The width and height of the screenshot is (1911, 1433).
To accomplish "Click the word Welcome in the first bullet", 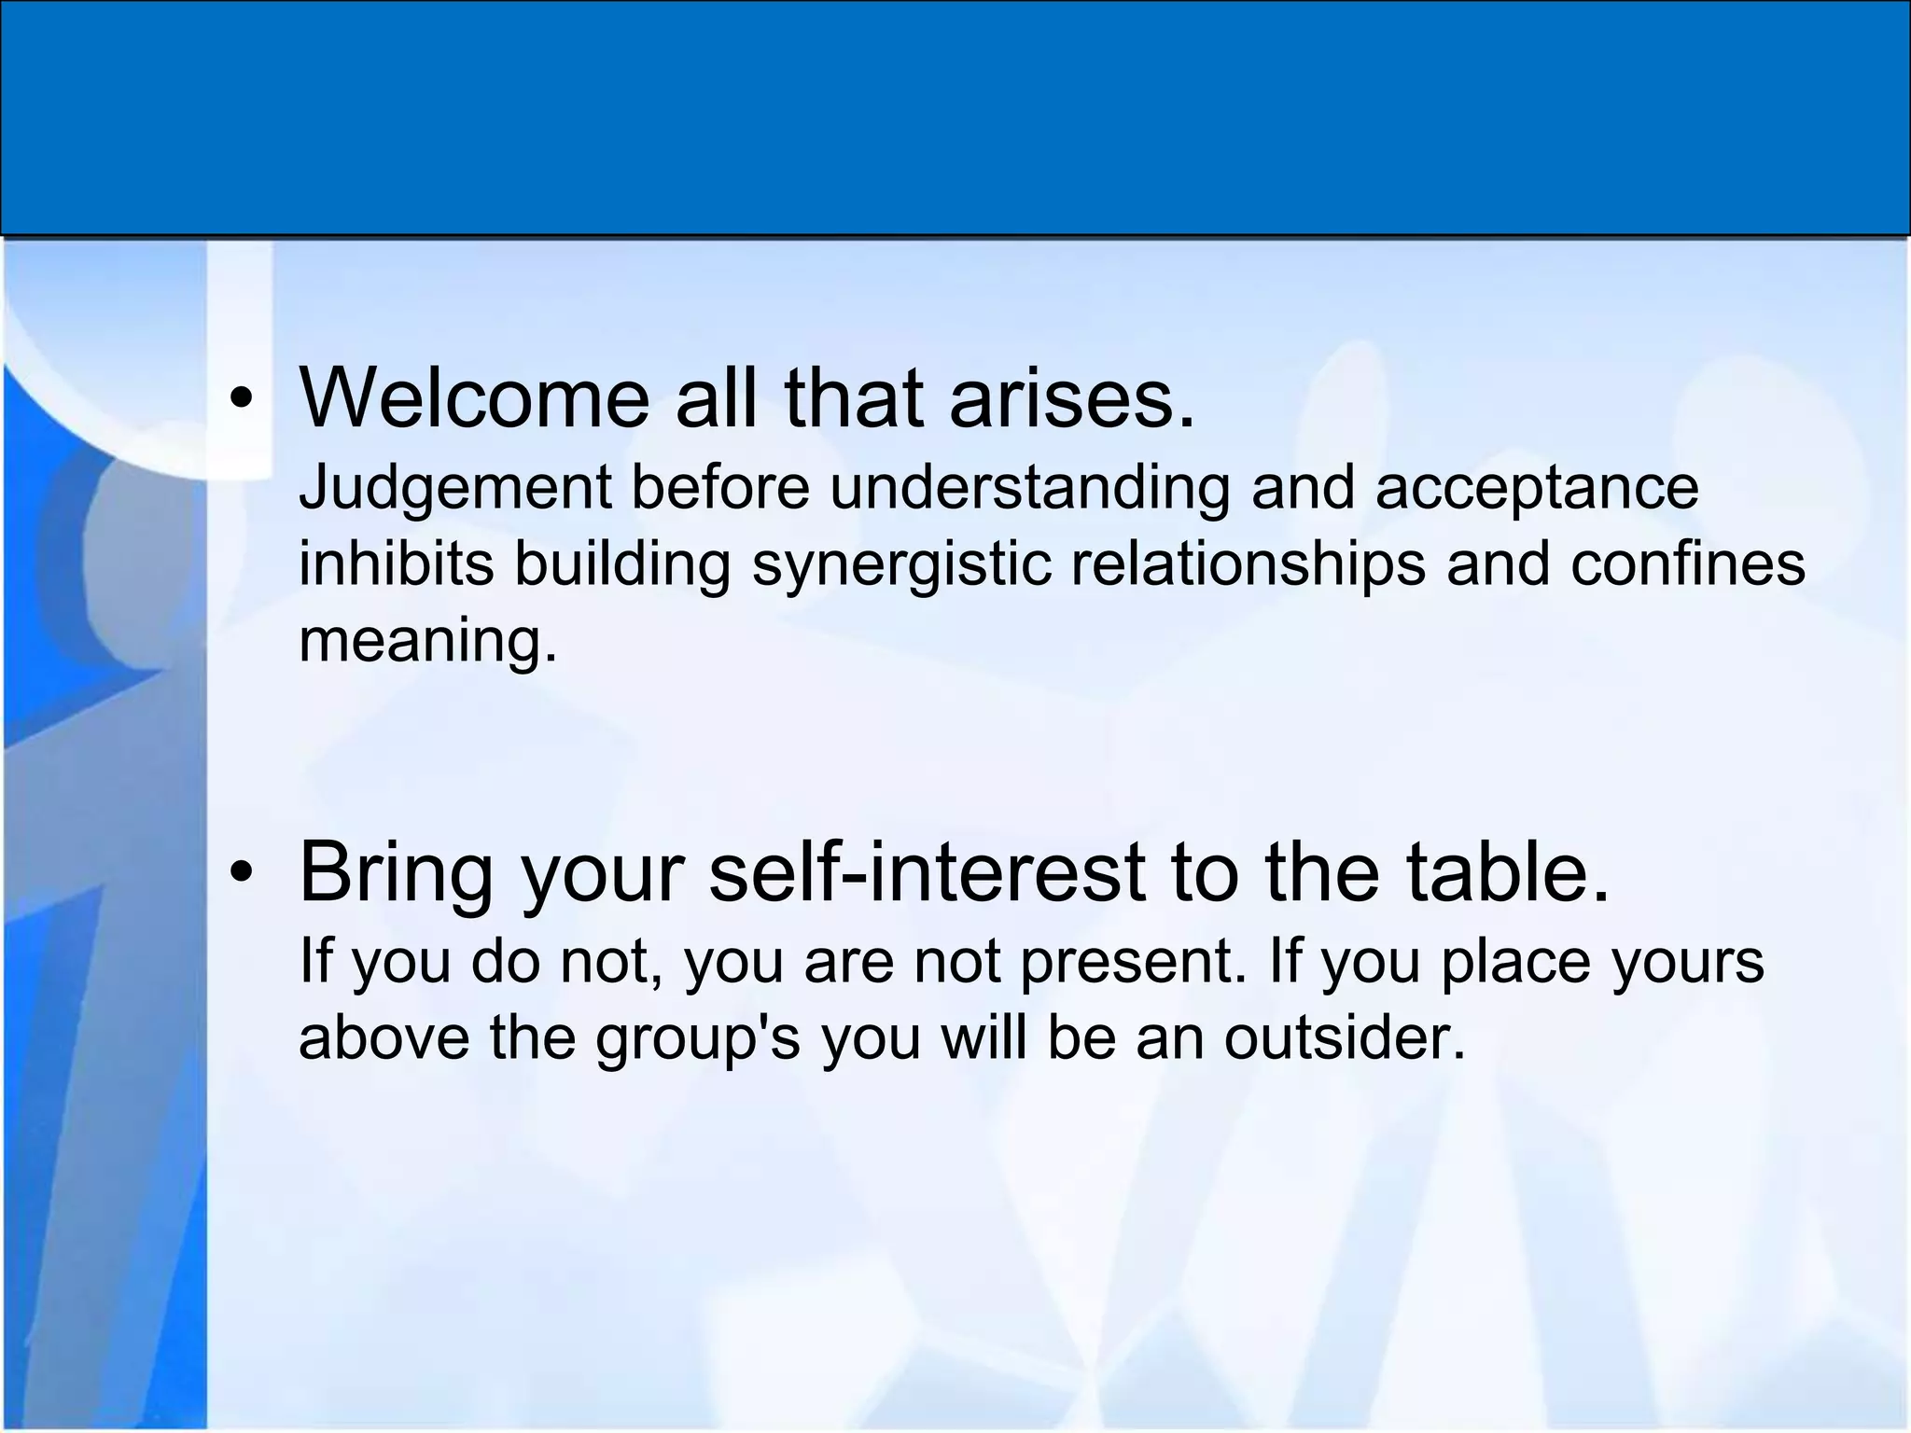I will click(474, 398).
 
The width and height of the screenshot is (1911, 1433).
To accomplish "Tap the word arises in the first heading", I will click(1071, 398).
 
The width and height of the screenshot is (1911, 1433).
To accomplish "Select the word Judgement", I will click(454, 488).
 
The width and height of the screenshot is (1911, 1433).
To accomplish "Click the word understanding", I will click(1029, 488).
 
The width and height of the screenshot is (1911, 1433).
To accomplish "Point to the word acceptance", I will click(1536, 488).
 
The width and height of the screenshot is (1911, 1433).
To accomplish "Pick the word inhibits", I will click(396, 564).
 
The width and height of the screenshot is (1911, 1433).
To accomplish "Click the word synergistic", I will click(901, 564).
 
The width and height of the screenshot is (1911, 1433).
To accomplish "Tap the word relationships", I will click(1248, 564).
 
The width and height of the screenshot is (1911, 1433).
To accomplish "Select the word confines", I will click(1687, 564).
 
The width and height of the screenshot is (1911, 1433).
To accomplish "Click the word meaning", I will click(427, 641).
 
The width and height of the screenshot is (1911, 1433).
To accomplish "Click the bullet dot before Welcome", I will click(243, 400).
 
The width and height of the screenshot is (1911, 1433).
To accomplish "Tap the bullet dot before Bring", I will click(243, 873).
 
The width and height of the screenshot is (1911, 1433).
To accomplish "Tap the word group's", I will click(698, 1037).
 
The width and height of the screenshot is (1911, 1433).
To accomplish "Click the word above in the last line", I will click(384, 1037).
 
